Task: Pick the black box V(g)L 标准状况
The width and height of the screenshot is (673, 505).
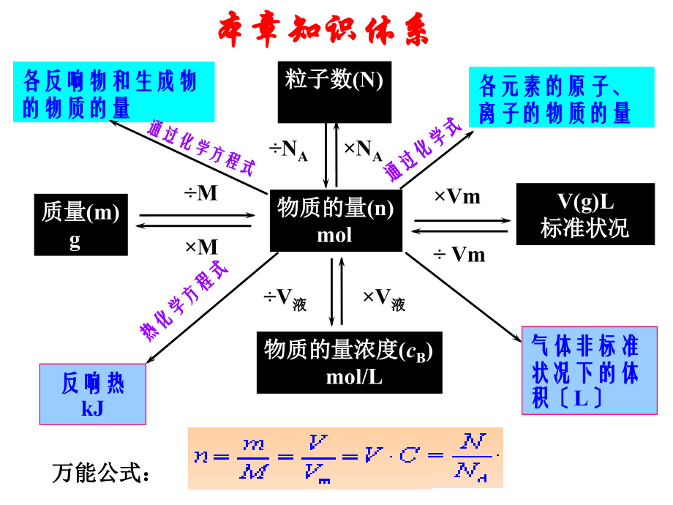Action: coord(585,214)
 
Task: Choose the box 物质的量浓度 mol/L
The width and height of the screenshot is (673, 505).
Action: coord(349,362)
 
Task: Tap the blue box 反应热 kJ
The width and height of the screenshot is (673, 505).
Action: coord(92,394)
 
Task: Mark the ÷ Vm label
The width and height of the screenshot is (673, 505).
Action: coord(459,254)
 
